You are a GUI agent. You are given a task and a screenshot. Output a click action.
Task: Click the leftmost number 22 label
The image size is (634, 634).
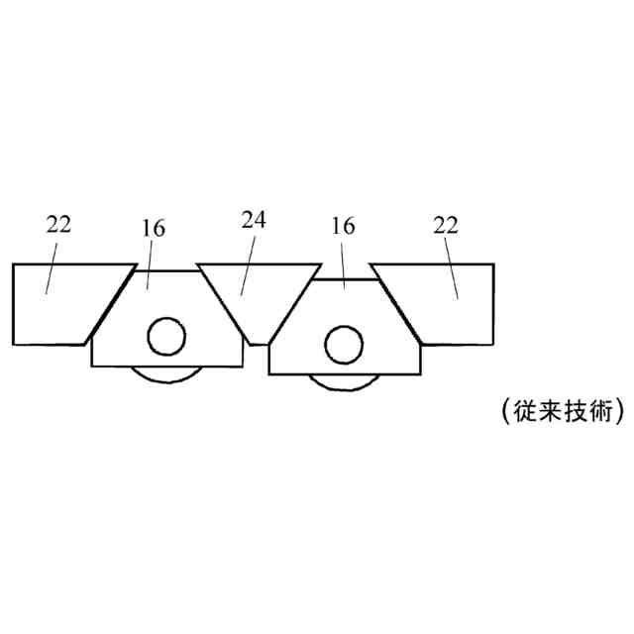(58, 223)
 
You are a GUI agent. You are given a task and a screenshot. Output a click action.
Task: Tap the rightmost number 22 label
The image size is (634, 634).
(447, 223)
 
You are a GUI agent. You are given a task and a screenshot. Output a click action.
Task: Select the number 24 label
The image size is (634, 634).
(254, 218)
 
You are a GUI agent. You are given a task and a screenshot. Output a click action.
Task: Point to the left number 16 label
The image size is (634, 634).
(154, 228)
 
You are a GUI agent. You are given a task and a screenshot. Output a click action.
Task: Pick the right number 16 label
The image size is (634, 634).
(343, 226)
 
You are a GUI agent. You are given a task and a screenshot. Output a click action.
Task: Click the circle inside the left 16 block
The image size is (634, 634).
(166, 338)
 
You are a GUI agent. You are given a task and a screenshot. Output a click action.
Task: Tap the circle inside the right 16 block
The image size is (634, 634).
(344, 344)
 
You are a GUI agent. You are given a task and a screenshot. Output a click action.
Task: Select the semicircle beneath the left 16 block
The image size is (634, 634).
(166, 374)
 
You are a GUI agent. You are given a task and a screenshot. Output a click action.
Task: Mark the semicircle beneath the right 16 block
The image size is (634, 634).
(344, 381)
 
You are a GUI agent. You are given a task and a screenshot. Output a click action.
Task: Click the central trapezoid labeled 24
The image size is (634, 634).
(258, 292)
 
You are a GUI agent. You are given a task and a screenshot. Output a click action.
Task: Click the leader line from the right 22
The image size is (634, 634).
(452, 266)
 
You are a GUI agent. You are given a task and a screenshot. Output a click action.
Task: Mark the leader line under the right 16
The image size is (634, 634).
(343, 263)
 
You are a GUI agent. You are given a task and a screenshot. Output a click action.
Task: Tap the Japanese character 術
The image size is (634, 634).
(598, 410)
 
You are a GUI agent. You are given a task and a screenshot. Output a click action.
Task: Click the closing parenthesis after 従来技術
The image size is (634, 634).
(619, 410)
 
